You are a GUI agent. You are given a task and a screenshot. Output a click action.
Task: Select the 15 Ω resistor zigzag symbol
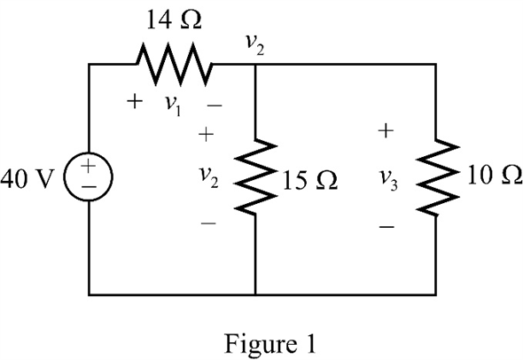tap(255, 176)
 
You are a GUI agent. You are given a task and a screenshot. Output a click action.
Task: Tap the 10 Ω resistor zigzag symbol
tap(436, 176)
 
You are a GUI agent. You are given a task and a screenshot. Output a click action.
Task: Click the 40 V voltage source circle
tap(89, 176)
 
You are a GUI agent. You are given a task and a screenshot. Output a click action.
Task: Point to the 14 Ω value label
tap(174, 20)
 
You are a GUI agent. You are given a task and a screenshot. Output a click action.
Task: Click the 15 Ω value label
tap(309, 181)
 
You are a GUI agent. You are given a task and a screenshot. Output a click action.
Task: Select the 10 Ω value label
tap(495, 175)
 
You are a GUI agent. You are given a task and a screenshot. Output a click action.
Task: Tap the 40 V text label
tap(27, 178)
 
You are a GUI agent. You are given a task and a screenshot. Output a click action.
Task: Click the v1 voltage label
tap(174, 106)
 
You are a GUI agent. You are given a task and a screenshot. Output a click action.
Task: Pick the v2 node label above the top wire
tap(255, 45)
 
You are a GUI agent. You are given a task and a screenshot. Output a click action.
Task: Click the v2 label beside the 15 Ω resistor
tap(209, 177)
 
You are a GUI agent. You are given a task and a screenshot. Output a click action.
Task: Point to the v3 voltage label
tap(389, 181)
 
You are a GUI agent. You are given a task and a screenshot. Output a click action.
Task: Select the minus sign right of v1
tap(215, 106)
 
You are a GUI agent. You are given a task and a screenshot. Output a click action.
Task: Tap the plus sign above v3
tap(386, 130)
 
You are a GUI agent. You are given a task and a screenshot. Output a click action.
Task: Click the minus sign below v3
tap(386, 227)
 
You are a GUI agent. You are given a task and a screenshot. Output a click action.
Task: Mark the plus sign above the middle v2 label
tap(206, 134)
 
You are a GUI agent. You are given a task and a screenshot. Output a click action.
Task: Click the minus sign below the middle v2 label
tap(208, 223)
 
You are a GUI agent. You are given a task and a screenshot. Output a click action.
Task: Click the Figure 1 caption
tap(269, 344)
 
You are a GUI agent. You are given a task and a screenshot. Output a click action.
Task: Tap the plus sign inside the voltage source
tap(89, 166)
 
